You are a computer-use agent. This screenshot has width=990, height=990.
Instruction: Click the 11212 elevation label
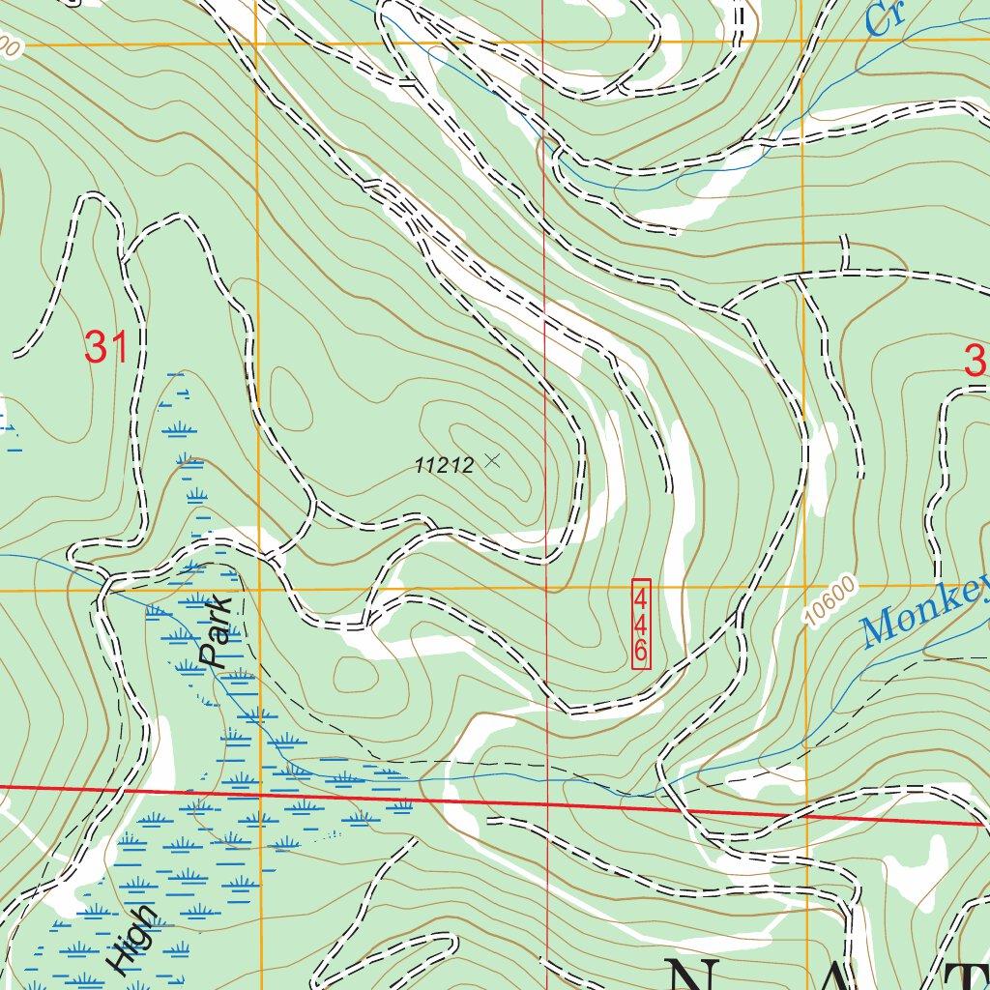(x=444, y=466)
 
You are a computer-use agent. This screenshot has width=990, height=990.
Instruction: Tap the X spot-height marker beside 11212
(x=492, y=461)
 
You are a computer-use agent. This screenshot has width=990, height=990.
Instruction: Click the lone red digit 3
(x=975, y=362)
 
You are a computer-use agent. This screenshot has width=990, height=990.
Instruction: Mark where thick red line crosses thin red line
(x=547, y=804)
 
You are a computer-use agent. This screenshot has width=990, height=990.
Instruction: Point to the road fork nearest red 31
(x=124, y=259)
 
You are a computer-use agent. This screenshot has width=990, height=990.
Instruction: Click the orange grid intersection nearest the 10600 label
(x=803, y=586)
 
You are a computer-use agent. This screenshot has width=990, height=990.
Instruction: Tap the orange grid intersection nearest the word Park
(x=259, y=589)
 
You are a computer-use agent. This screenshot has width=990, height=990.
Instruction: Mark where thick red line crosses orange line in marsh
(x=259, y=795)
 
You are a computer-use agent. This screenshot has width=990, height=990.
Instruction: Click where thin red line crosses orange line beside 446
(x=546, y=588)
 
